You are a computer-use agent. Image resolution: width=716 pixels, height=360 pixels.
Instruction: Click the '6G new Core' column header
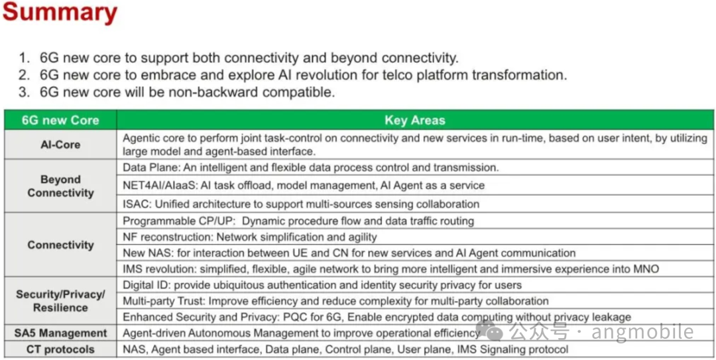tap(60, 120)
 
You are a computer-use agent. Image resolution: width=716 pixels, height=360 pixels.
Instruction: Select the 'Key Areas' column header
tap(414, 120)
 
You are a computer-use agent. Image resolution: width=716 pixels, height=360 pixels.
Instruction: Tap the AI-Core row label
tap(60, 144)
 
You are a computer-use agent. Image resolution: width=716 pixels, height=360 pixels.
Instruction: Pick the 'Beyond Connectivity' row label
tap(60, 186)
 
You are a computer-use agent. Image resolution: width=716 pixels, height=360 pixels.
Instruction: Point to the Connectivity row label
tap(60, 245)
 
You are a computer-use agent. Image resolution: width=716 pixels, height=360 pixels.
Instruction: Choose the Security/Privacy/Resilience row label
tap(60, 301)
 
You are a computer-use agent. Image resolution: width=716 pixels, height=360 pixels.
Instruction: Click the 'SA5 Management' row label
tap(60, 333)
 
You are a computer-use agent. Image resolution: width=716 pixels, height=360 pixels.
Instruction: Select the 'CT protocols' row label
tap(60, 349)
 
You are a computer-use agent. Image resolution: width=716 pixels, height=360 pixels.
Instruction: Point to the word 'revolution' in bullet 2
tap(339, 75)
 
